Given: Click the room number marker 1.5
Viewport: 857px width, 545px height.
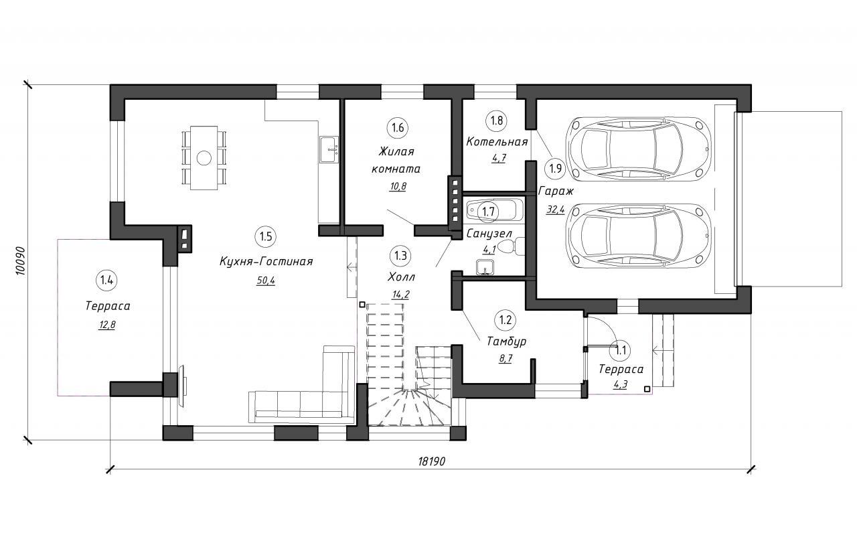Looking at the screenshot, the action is (266, 236).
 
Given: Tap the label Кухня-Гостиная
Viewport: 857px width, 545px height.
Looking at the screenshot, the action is (266, 262).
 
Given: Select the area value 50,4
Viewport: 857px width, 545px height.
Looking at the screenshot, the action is (266, 281).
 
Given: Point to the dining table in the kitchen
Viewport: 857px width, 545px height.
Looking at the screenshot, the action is (204, 158).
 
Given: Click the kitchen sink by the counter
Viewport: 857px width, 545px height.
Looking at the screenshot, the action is (329, 150).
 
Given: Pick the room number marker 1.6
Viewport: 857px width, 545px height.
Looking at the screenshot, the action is (398, 127).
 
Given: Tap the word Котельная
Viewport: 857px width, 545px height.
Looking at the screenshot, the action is (497, 142).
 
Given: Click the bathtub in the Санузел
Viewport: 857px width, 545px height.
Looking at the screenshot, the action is (495, 210).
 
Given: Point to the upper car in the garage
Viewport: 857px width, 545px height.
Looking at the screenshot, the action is (638, 148).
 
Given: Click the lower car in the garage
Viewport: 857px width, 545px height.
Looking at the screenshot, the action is (638, 234).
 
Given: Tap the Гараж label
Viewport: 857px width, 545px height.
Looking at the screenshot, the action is (556, 191).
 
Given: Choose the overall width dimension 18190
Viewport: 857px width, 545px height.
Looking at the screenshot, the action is (432, 461).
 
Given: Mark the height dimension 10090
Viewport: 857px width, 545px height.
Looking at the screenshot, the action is (21, 261).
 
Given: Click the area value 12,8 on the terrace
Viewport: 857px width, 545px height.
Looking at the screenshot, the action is (107, 325).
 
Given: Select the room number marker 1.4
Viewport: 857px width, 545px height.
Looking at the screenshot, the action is (106, 281).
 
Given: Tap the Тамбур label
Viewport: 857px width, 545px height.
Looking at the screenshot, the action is (507, 341).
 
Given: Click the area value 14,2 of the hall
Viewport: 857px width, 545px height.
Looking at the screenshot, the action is (400, 295).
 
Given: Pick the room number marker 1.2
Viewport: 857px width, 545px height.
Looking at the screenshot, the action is (505, 319).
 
